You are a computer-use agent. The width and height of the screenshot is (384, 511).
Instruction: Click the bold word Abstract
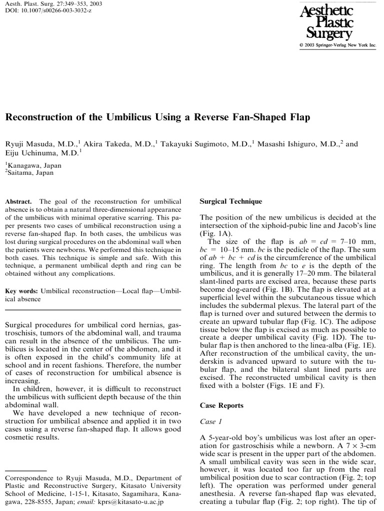pos(18,201)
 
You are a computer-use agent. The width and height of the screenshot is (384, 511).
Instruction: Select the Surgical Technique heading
pos(230,202)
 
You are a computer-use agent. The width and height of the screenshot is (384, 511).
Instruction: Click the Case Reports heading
pos(221,405)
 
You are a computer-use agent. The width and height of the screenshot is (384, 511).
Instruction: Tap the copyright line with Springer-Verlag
pos(336,45)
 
